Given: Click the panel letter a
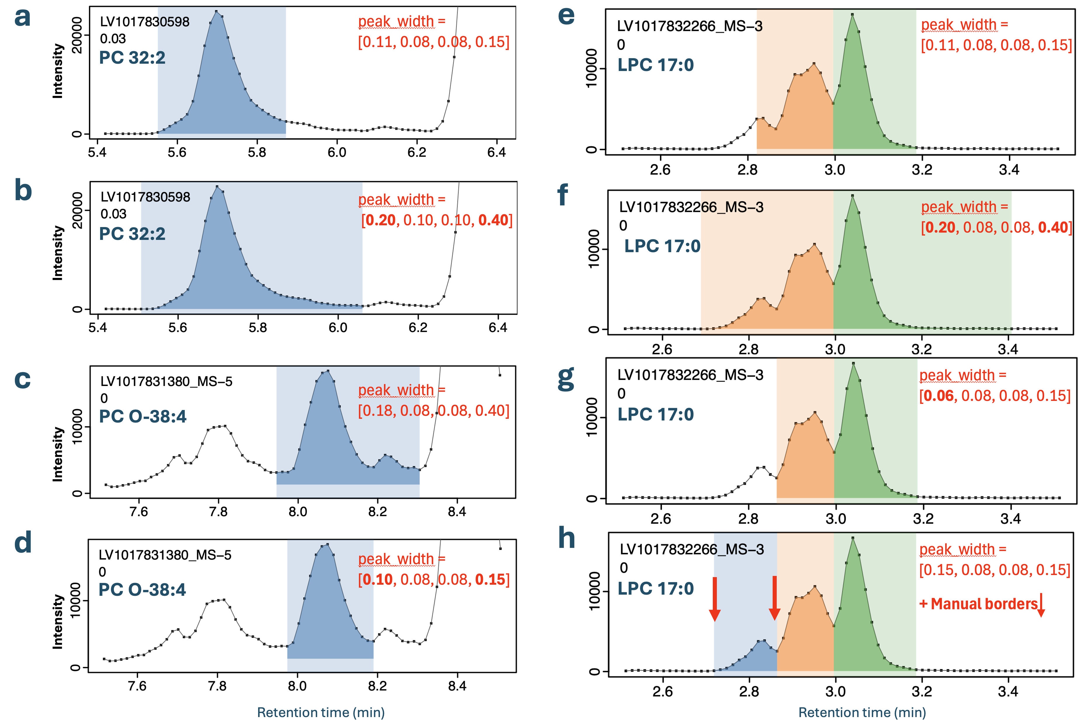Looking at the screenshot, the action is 22,17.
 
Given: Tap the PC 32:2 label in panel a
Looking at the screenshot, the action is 132,58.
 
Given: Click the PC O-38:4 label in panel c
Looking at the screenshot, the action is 143,416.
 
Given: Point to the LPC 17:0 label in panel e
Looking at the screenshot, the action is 656,65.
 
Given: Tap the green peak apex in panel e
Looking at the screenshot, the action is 853,14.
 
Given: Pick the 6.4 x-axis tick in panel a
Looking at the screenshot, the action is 497,152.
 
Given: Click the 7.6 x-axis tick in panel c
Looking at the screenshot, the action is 138,511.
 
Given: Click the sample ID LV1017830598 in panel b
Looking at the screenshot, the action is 145,197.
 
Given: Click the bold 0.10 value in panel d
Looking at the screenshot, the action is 378,579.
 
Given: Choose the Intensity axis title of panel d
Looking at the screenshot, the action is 58,621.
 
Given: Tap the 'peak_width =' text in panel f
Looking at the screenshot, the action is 964,207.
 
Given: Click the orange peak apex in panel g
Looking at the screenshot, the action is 815,413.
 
